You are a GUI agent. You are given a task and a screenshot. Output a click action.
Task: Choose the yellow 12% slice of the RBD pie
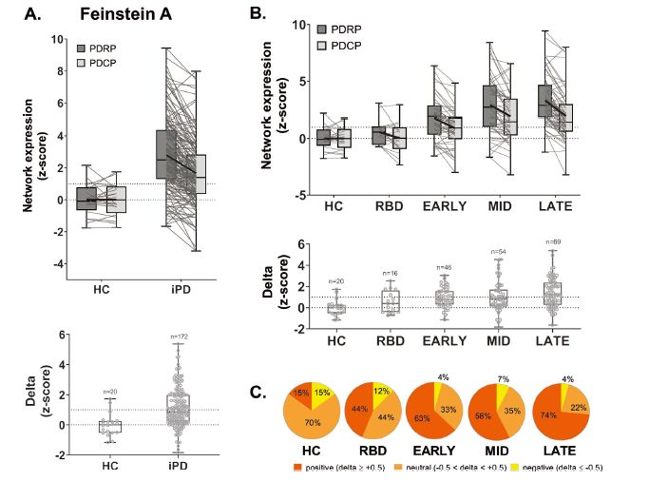[x=379, y=393]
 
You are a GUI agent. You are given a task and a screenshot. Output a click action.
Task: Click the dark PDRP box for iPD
[x=164, y=154]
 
